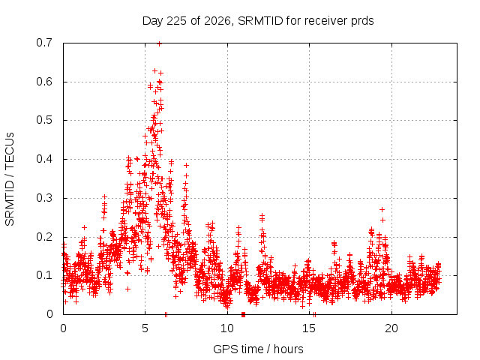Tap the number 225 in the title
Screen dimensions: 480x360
[x=177, y=21]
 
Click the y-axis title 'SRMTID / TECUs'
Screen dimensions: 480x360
[x=10, y=179]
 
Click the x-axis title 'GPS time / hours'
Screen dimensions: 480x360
[x=258, y=349]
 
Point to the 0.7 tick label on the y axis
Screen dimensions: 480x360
[x=44, y=43]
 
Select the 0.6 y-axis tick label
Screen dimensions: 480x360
[x=44, y=82]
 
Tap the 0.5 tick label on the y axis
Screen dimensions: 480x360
[x=44, y=120]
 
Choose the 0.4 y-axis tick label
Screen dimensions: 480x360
[x=44, y=159]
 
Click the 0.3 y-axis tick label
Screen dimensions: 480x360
[x=44, y=198]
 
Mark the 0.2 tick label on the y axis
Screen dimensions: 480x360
[x=44, y=237]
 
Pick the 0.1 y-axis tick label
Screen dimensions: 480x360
[x=44, y=275]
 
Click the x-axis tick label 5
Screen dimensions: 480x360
[x=145, y=328]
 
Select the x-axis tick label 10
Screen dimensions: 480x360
[x=227, y=328]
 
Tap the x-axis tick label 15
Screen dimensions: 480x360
[x=309, y=328]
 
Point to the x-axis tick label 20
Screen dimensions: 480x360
[x=391, y=328]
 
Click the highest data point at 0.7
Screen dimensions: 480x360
[x=159, y=43]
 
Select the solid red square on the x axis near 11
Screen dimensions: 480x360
[x=243, y=314]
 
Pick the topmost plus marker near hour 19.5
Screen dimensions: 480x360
[x=382, y=210]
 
